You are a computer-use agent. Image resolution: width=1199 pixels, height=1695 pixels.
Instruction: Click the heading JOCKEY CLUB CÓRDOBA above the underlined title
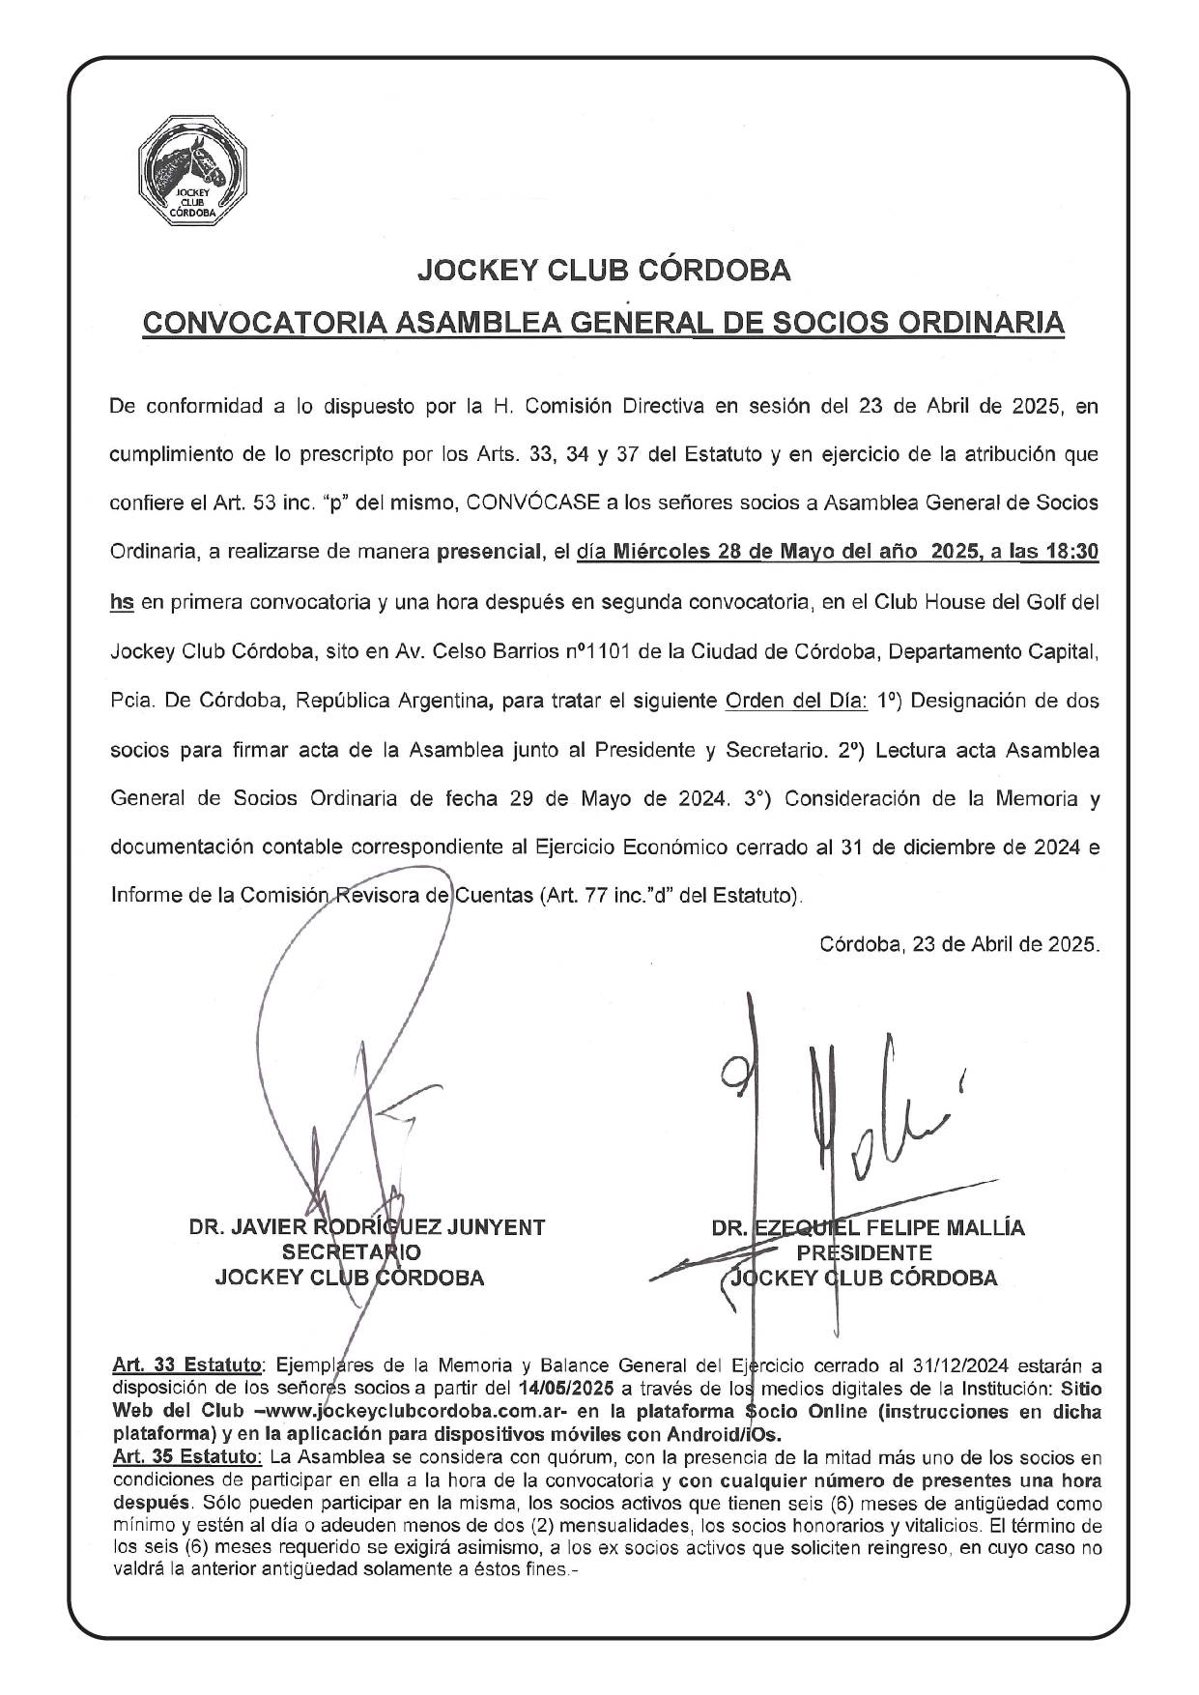[603, 271]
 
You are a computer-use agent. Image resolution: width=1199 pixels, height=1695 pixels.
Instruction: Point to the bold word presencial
[488, 553]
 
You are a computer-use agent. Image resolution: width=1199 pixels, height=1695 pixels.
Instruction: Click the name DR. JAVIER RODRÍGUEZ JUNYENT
[367, 1227]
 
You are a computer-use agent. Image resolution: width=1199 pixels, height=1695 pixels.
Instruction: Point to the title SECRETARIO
[351, 1252]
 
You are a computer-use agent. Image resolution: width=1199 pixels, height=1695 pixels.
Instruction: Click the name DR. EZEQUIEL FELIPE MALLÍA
[868, 1228]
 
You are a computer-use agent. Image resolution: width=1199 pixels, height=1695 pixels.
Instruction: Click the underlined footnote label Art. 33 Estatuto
[186, 1366]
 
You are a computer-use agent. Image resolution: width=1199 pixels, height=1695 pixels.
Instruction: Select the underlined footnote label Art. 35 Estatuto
[186, 1456]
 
